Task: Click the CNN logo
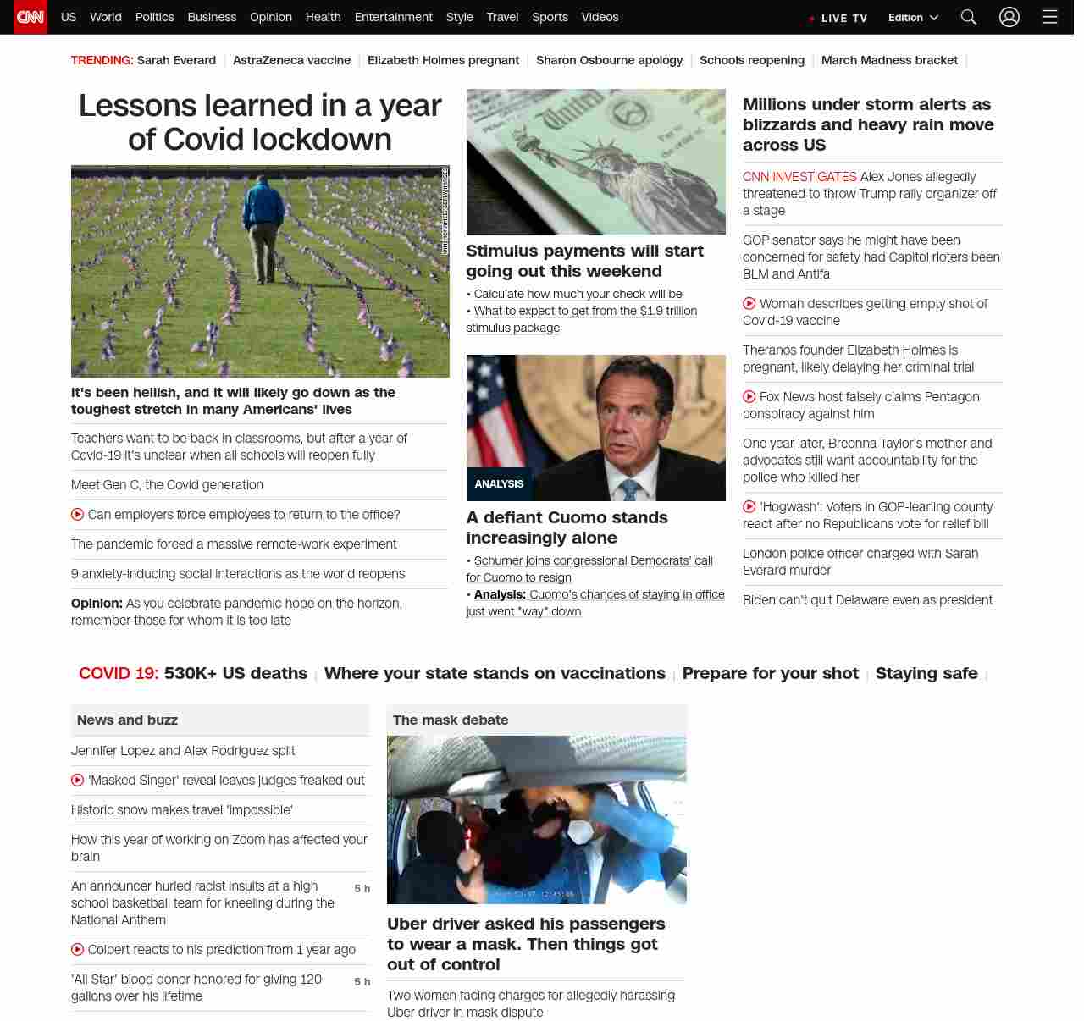[30, 17]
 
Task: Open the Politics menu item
[154, 17]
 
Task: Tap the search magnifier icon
[969, 17]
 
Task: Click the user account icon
[1009, 17]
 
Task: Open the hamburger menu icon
[1050, 17]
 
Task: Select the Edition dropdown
[913, 18]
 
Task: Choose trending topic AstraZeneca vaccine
[291, 60]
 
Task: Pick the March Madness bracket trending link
[889, 60]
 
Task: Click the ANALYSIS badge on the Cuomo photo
[499, 484]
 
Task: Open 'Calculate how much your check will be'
[578, 294]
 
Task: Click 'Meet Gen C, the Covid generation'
[167, 485]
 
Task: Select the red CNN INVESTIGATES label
[799, 177]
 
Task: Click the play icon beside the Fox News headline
[749, 396]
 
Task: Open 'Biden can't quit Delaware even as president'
[867, 600]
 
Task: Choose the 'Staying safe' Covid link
[926, 673]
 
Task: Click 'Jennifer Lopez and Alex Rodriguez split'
[183, 751]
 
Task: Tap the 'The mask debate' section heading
[451, 720]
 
